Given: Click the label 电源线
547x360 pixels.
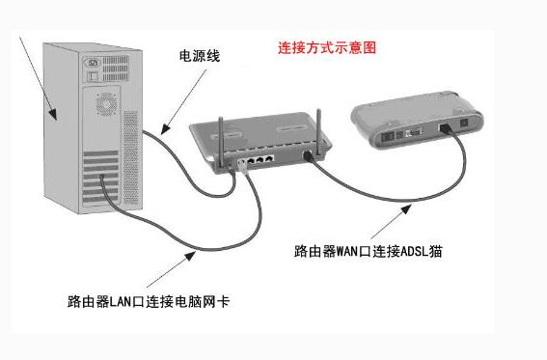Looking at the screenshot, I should click(200, 57).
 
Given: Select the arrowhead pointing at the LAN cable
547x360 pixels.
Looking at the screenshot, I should click(191, 252).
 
